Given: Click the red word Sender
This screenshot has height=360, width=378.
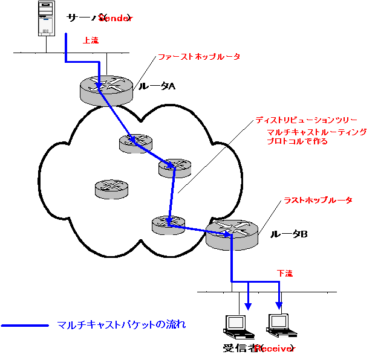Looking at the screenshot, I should point(116,18).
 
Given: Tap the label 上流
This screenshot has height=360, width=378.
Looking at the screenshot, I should point(91,40).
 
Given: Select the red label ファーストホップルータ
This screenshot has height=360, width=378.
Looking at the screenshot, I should point(199,57).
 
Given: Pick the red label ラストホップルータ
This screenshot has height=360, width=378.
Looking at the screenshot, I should point(318,200).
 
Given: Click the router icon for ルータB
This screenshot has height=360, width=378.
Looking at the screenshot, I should point(232,234).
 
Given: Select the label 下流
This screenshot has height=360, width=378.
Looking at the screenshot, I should point(285,274).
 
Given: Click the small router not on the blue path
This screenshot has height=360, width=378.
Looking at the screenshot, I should point(111,189).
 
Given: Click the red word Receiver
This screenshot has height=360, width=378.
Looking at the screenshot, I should point(273,349).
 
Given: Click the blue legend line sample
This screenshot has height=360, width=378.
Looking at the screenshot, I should point(25,326).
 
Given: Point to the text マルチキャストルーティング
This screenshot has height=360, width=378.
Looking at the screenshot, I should point(317,132).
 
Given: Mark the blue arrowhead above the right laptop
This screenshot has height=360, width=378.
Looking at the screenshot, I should point(279,304).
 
